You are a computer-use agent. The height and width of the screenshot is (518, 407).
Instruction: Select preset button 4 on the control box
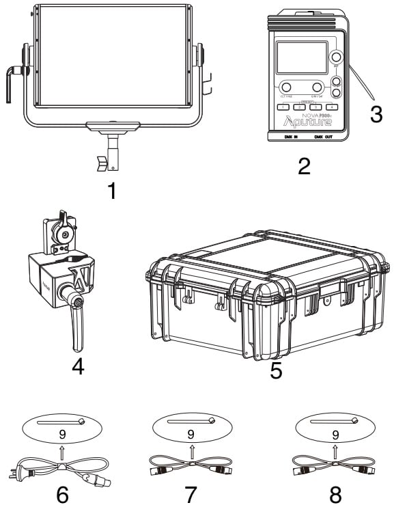click(x=332, y=107)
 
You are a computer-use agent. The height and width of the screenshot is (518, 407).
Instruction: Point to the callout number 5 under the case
click(x=276, y=370)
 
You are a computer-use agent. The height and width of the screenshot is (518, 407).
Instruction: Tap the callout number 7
click(x=191, y=495)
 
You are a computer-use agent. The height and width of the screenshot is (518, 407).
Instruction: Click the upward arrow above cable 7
click(x=191, y=452)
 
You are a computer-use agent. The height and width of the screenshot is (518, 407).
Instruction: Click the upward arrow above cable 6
click(x=62, y=452)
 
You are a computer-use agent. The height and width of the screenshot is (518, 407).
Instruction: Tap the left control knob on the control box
click(x=285, y=87)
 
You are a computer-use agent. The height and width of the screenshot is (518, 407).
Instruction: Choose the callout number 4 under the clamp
click(x=78, y=367)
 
